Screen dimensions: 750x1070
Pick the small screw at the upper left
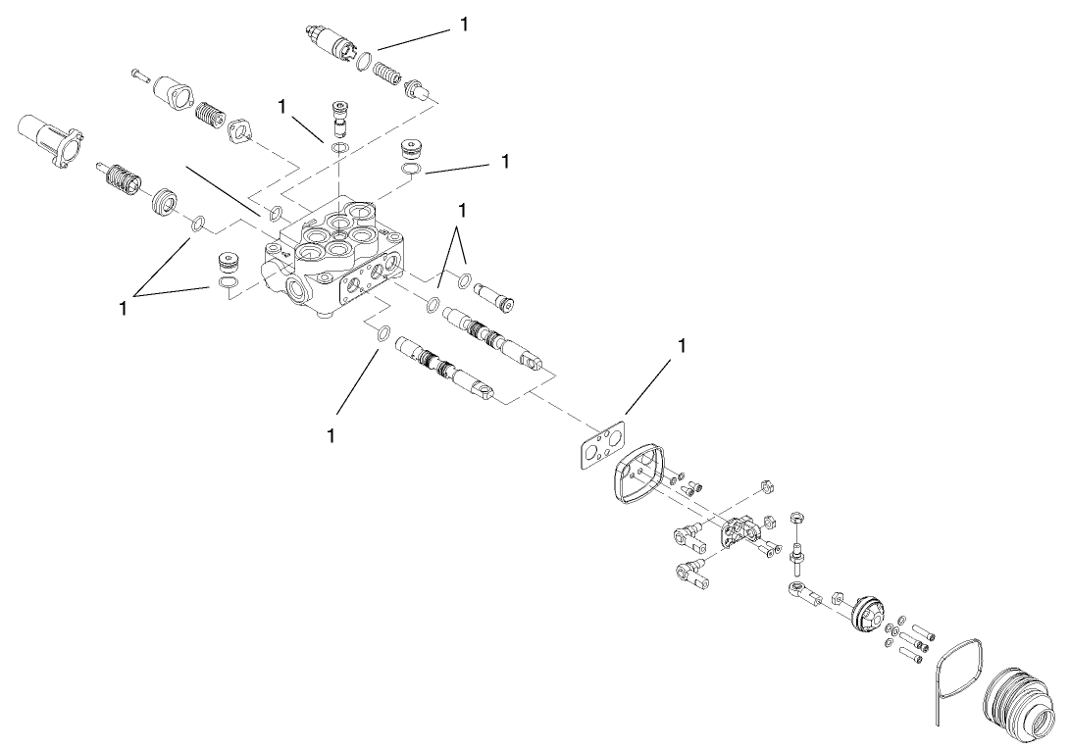tap(137, 75)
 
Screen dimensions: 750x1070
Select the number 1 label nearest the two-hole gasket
tap(682, 346)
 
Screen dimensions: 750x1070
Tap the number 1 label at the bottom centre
tap(331, 434)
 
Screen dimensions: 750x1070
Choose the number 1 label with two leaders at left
tap(123, 308)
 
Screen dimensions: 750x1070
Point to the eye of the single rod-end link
tap(794, 590)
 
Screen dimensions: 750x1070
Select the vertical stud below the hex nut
tap(798, 556)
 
